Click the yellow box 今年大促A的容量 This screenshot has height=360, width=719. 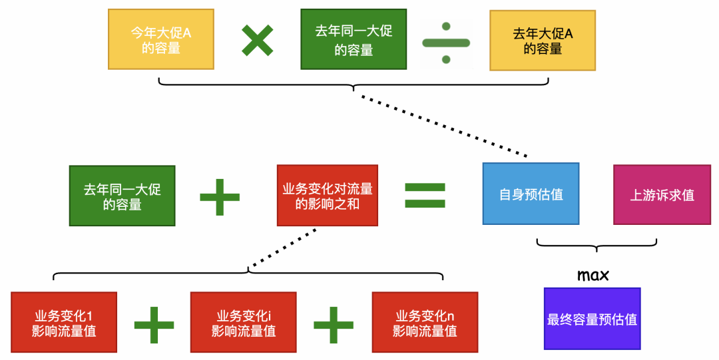tap(161, 40)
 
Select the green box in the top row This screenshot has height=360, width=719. tap(353, 40)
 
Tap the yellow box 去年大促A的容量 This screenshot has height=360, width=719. tap(543, 40)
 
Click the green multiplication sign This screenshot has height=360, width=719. tap(258, 40)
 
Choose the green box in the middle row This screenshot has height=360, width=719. tap(122, 196)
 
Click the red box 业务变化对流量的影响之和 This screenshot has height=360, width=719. tap(328, 196)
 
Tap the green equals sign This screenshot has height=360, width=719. tap(425, 195)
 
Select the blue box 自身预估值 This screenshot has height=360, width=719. tap(531, 194)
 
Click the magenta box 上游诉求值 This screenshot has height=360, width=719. tap(662, 194)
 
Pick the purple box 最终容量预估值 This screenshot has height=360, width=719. tap(592, 319)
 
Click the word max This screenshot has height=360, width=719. tap(593, 275)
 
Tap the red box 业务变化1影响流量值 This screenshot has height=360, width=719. tap(64, 322)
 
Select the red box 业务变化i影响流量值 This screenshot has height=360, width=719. tap(243, 322)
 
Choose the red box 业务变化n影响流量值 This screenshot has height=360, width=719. tap(425, 322)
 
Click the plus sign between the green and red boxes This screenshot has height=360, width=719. tap(220, 196)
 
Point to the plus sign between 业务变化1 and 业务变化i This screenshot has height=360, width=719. tap(154, 325)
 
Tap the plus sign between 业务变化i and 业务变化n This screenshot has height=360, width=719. tap(334, 325)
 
